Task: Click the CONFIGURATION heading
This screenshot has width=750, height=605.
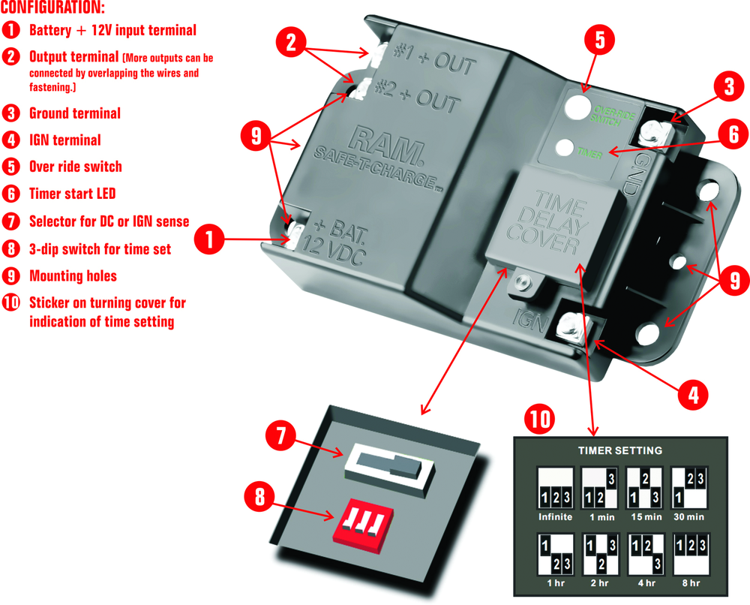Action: [x=52, y=9]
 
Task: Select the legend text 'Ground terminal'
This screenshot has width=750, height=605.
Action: [x=74, y=113]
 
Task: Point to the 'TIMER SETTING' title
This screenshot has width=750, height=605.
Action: [x=619, y=450]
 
